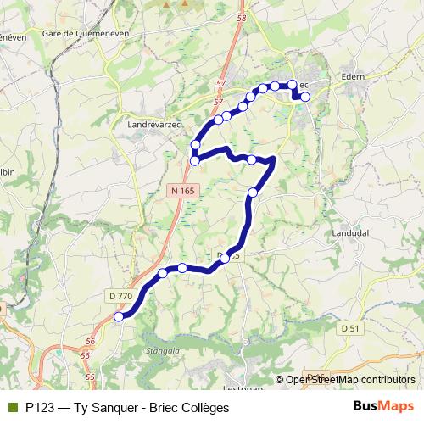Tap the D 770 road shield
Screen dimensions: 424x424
click(120, 295)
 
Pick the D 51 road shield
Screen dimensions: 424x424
click(349, 328)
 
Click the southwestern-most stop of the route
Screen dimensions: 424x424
click(119, 316)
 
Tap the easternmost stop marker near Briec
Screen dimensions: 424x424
click(305, 97)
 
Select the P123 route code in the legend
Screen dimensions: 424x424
click(41, 408)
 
